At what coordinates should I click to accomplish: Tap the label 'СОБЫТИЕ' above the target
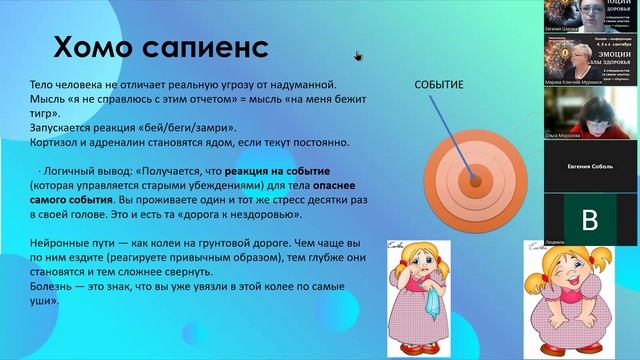click(x=438, y=85)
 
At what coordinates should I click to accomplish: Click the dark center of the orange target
click(x=470, y=182)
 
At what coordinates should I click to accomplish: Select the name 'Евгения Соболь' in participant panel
click(x=590, y=172)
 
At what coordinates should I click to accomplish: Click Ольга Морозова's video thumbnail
click(x=591, y=117)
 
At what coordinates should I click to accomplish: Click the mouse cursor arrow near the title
click(x=357, y=55)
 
